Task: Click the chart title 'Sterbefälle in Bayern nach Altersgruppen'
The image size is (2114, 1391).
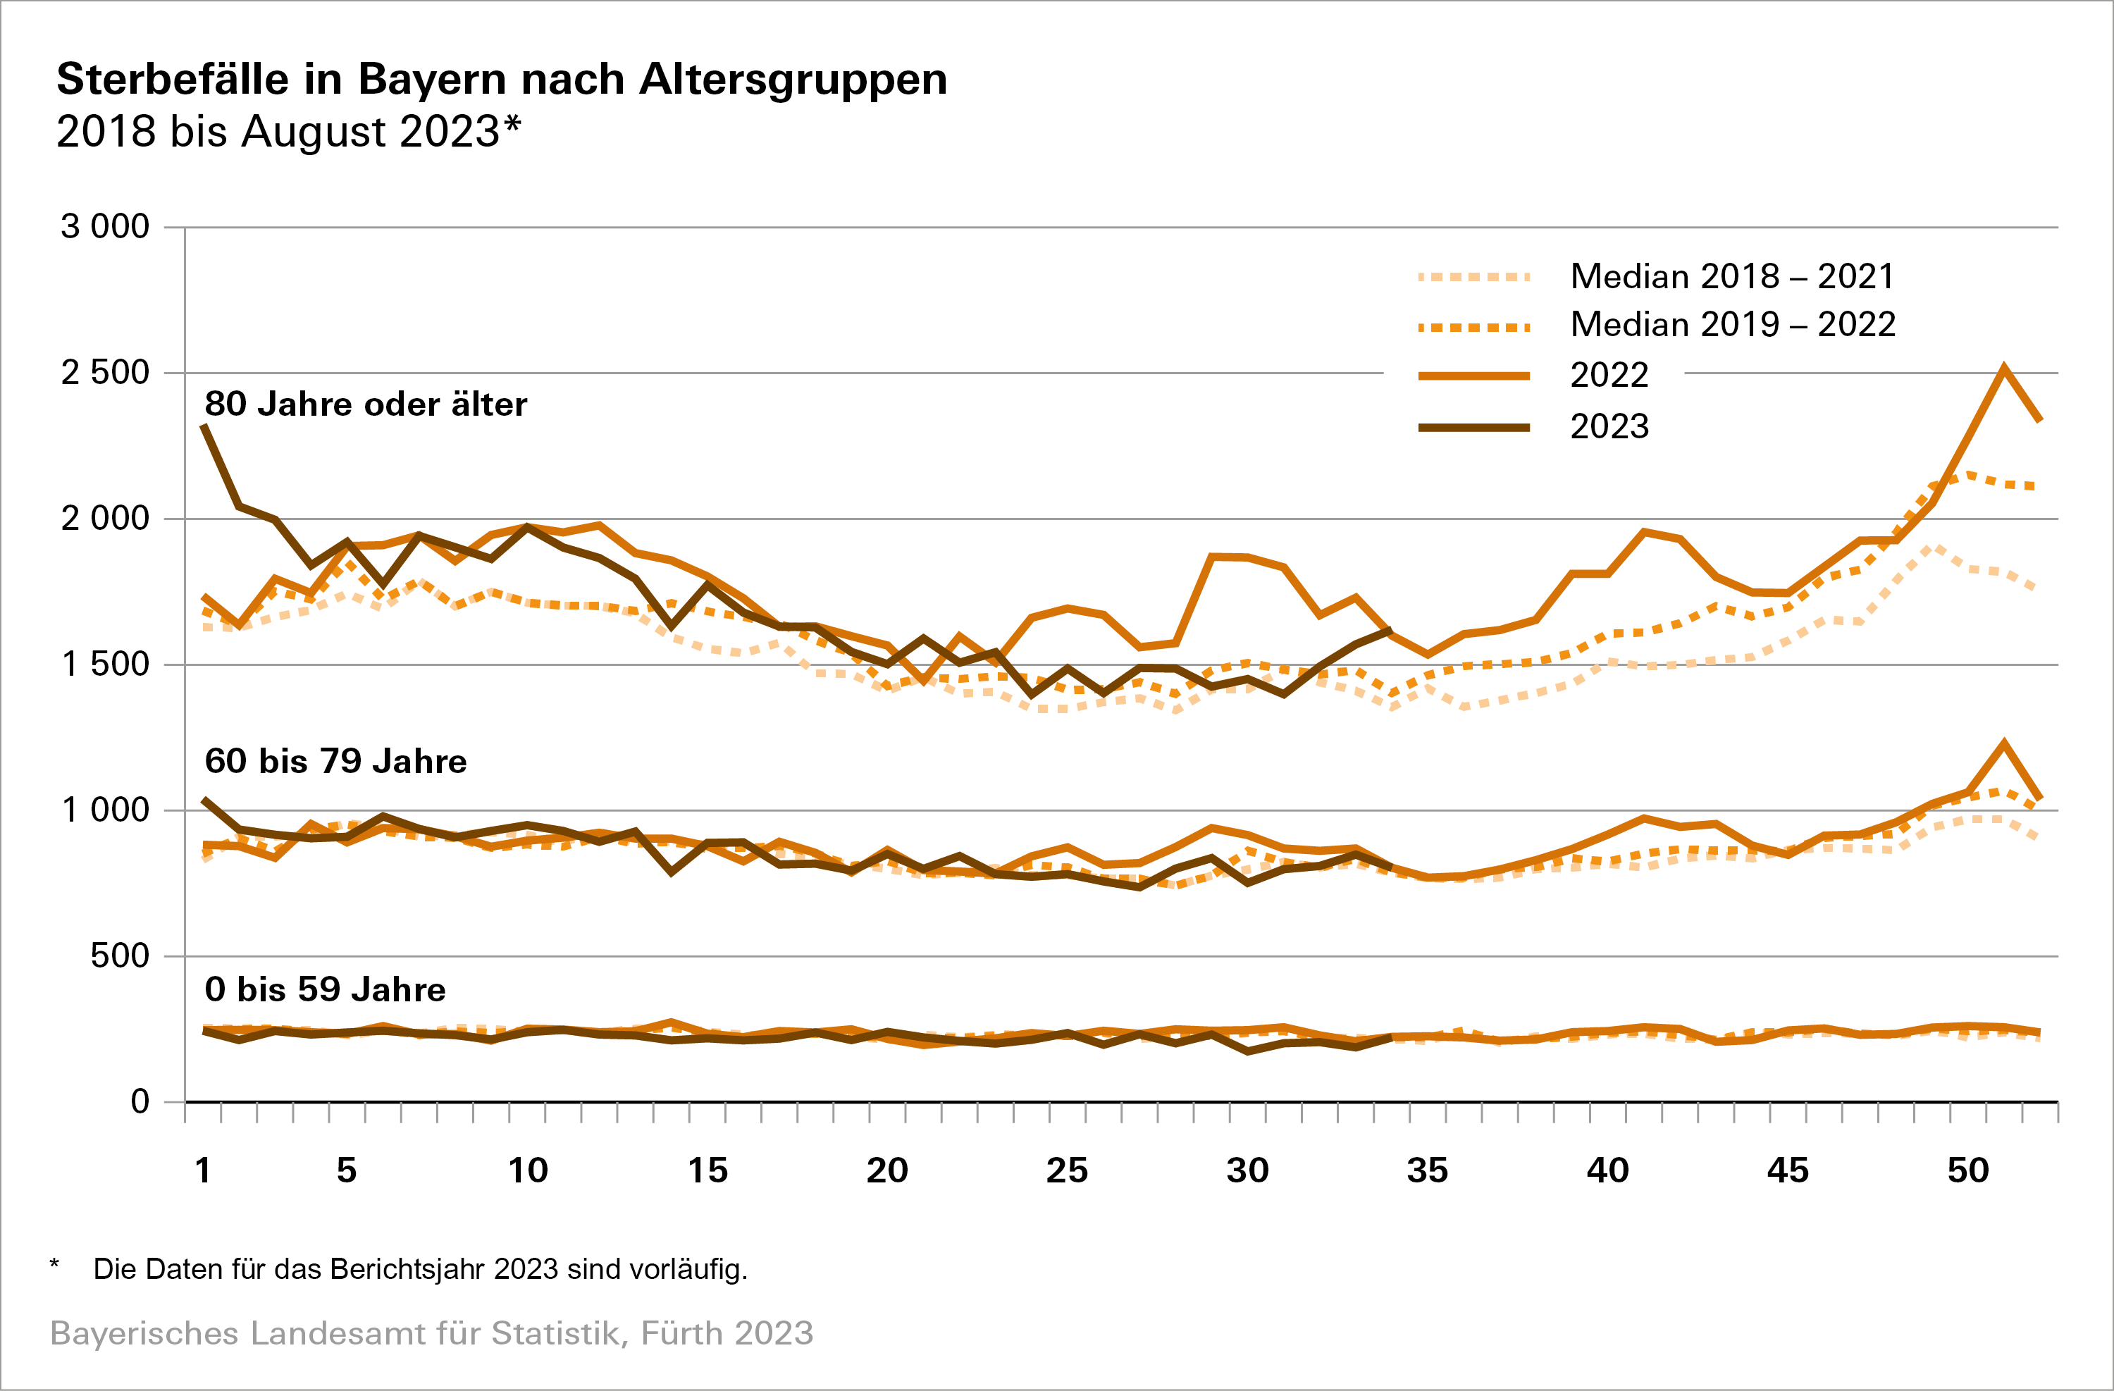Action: point(502,80)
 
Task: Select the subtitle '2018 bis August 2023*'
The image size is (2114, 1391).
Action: point(288,132)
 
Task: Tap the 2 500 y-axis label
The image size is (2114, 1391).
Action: point(105,373)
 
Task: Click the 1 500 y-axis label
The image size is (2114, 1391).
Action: point(105,664)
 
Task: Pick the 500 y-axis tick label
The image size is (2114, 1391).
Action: point(119,957)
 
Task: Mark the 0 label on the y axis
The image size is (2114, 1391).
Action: point(140,1102)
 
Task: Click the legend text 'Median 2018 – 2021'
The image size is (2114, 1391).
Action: point(1732,277)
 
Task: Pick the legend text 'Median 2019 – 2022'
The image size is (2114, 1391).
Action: point(1732,325)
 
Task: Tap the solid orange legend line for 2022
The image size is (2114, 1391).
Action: point(1474,376)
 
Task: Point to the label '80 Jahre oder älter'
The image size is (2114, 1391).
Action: point(365,405)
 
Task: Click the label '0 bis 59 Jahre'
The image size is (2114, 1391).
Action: point(324,990)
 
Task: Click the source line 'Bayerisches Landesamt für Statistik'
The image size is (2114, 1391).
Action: point(431,1334)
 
